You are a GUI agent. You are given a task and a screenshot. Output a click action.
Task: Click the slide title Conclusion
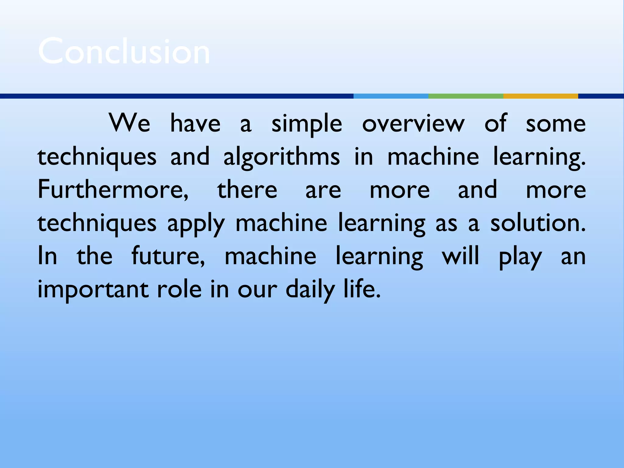click(x=124, y=51)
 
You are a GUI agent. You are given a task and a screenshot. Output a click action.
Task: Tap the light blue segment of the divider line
click(x=391, y=96)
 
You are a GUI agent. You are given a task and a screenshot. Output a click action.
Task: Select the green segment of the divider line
click(x=466, y=96)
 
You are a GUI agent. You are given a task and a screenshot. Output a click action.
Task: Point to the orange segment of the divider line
click(x=541, y=96)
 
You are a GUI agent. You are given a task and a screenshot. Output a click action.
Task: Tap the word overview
click(x=413, y=123)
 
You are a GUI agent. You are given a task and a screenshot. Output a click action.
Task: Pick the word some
click(x=556, y=123)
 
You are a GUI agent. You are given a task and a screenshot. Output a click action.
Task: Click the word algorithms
click(x=282, y=157)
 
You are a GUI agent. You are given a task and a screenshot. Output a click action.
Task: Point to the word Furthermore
click(x=113, y=190)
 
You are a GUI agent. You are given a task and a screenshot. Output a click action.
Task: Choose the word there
click(x=247, y=190)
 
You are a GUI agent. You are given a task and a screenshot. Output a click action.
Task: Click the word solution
click(x=537, y=223)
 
